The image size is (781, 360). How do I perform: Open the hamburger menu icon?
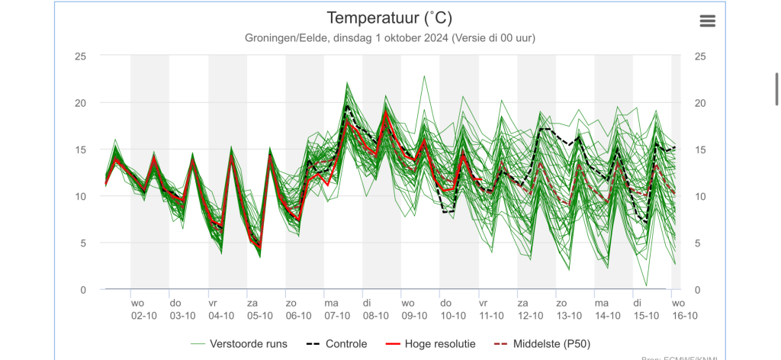coord(708,21)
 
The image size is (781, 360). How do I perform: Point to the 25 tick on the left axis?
coord(80,57)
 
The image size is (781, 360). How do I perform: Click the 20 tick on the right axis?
coord(700,104)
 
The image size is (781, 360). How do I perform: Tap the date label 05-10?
coord(259,316)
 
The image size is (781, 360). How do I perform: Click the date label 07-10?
coord(337,316)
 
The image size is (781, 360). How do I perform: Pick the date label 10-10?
coord(453,316)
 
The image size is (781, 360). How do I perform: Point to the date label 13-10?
coord(569,316)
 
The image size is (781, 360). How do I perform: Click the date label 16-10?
coord(683,316)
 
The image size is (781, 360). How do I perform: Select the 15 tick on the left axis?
coord(80,150)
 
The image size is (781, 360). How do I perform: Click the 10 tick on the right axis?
coord(700,197)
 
